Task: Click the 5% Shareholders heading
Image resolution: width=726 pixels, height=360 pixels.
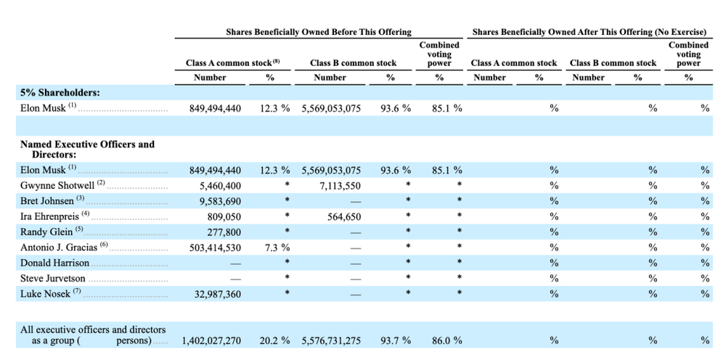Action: (60, 93)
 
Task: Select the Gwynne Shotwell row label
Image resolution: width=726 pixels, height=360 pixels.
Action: (58, 186)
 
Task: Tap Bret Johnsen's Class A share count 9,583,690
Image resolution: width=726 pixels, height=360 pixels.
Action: (216, 201)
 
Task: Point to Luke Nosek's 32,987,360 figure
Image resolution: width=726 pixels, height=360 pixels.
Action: (216, 294)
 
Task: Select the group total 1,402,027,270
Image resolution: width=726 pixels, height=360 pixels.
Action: (211, 341)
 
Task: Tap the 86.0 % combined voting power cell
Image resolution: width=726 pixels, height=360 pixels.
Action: (446, 341)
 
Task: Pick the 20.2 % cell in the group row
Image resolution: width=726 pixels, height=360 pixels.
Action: (275, 341)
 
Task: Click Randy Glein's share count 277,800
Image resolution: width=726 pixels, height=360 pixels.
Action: (221, 232)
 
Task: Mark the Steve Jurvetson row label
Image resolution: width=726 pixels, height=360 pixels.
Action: (53, 279)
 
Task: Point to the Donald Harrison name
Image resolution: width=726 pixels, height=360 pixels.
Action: (54, 263)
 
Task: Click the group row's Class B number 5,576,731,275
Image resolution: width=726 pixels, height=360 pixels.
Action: (331, 341)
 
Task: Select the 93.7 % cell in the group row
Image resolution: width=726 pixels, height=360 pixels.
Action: (396, 341)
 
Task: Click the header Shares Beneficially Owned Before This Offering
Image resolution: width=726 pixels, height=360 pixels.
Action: (319, 32)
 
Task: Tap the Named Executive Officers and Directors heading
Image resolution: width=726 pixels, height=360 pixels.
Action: (87, 150)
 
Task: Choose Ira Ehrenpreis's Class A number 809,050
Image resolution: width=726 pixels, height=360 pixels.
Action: (221, 216)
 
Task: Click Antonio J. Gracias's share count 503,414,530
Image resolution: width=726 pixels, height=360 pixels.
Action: (216, 247)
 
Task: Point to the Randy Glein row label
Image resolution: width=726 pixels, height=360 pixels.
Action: (46, 232)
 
